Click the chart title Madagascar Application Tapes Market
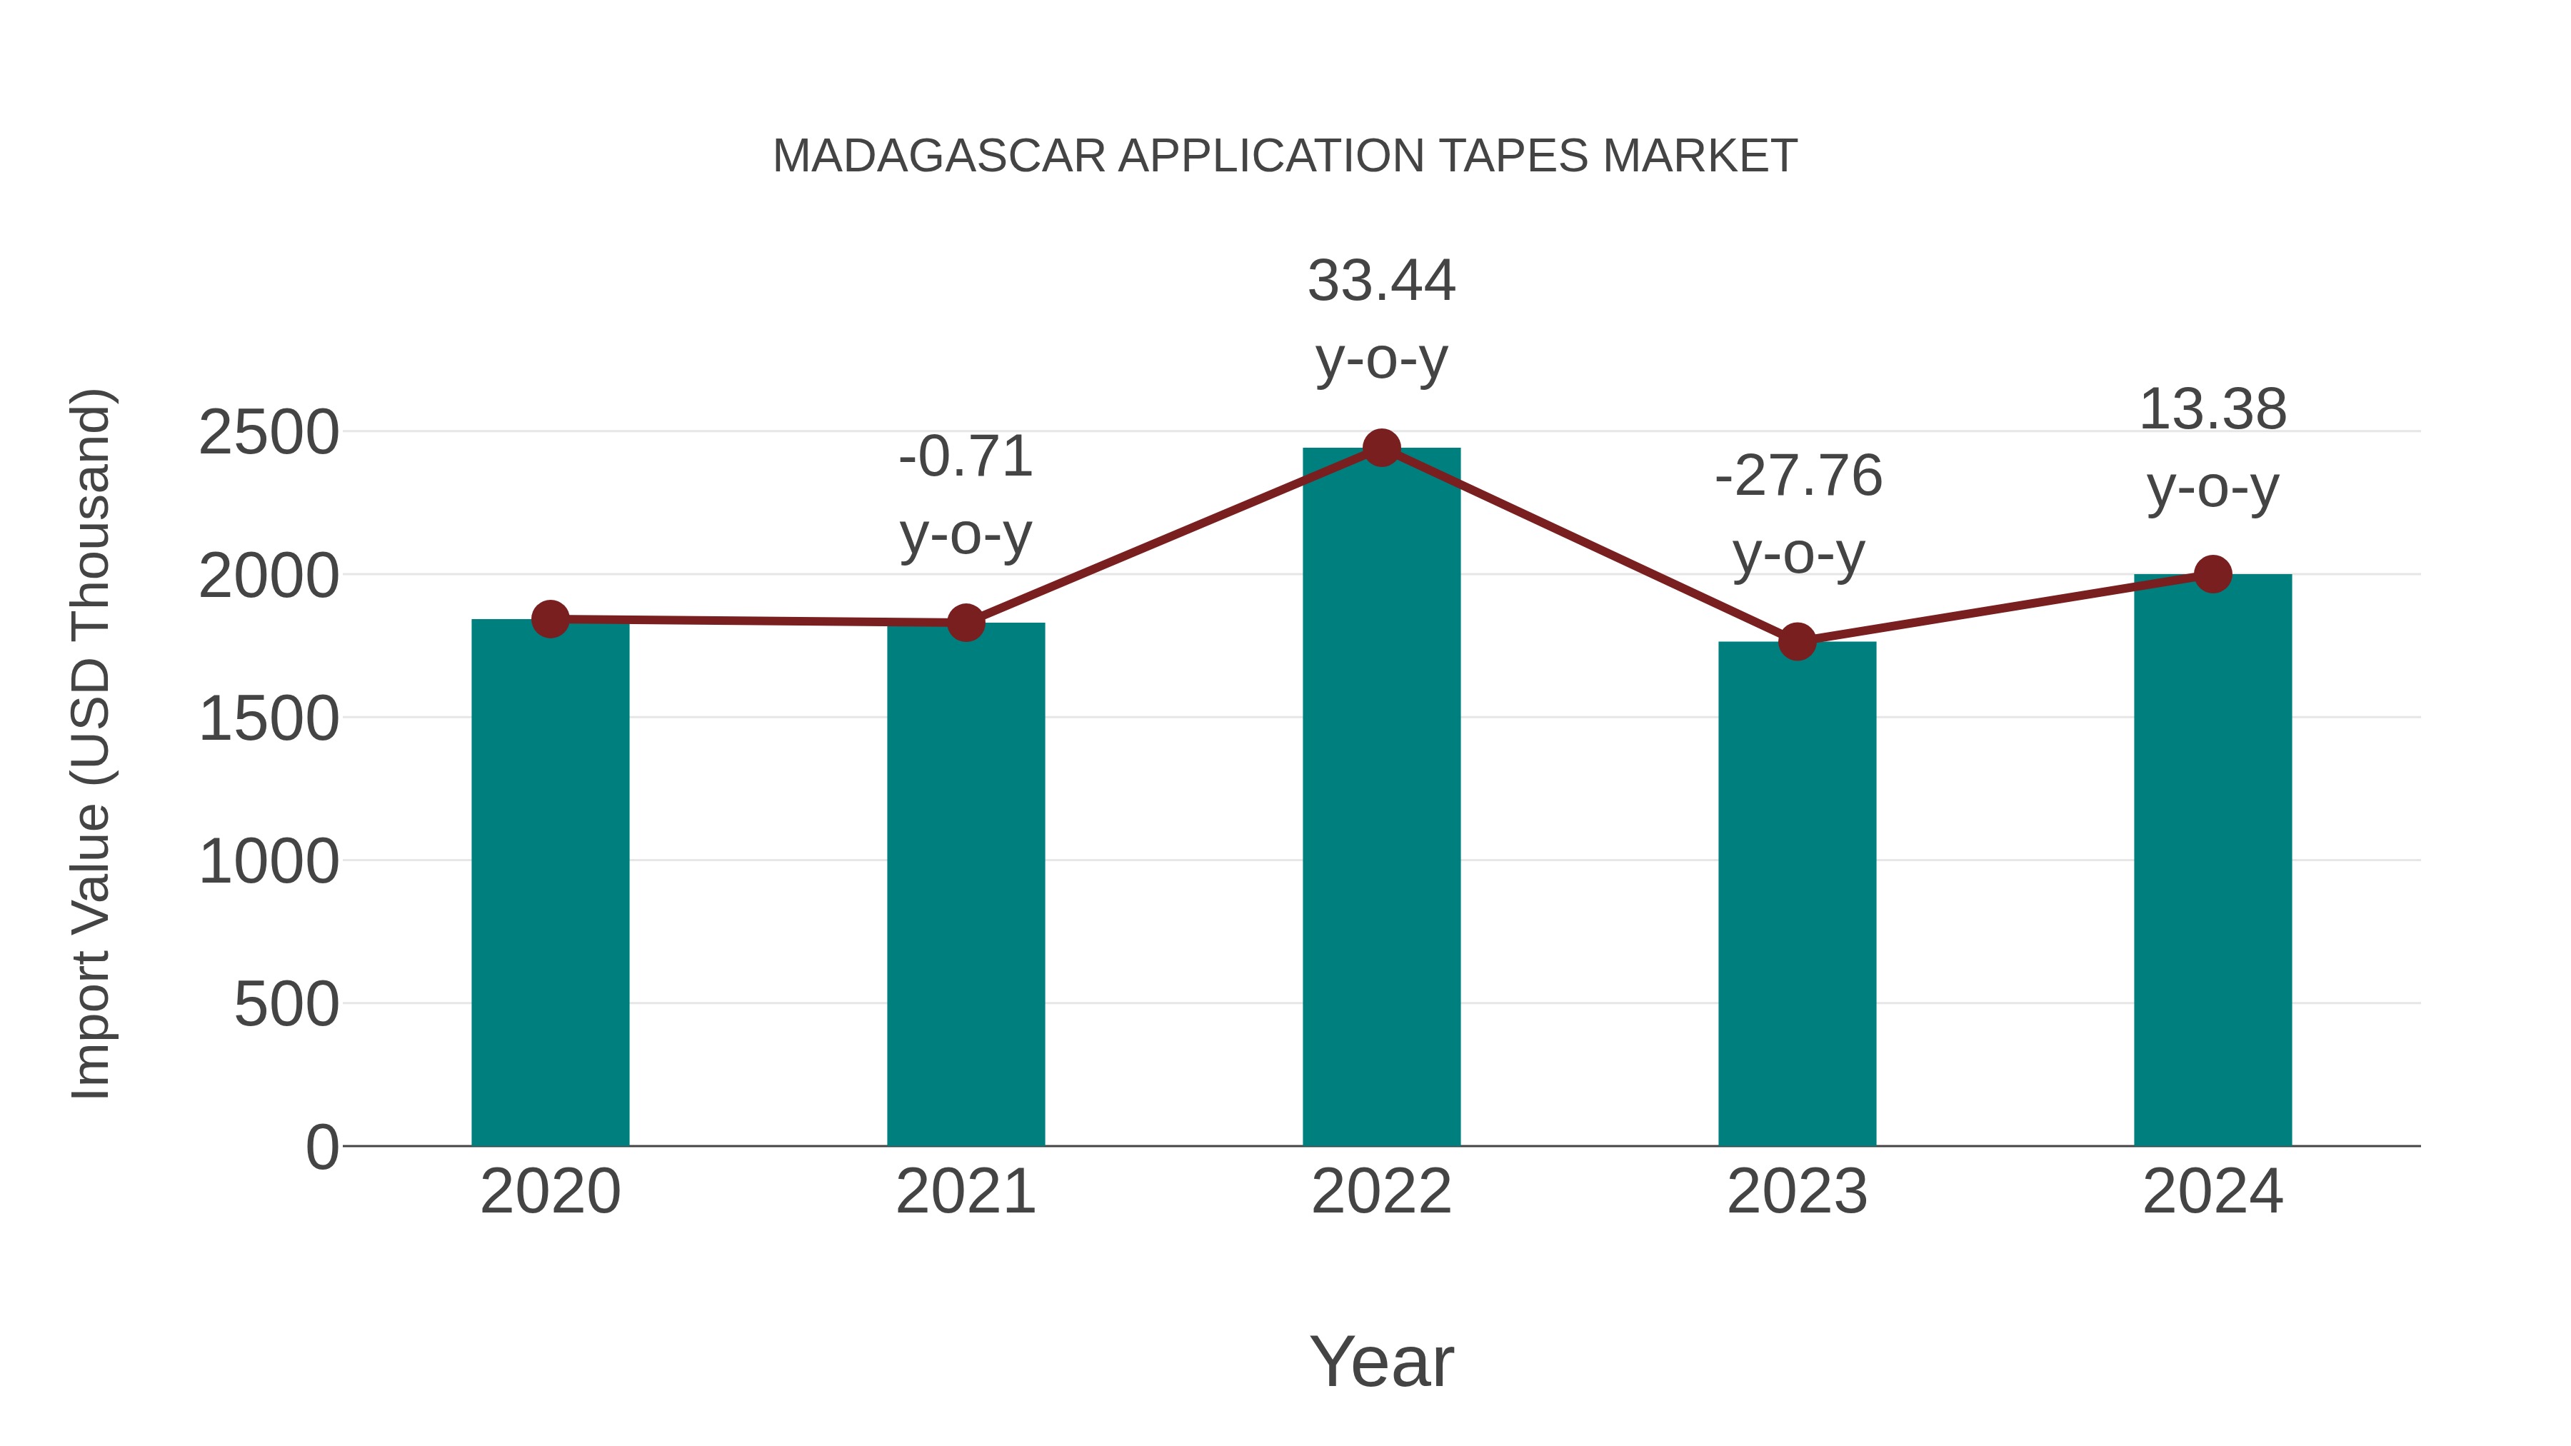pyautogui.click(x=1285, y=156)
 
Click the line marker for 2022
pyautogui.click(x=1381, y=448)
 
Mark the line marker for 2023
pyautogui.click(x=1797, y=642)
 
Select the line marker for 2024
pyautogui.click(x=2212, y=574)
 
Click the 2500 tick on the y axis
pyautogui.click(x=269, y=433)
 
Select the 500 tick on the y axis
pyautogui.click(x=286, y=1004)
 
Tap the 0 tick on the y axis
pyautogui.click(x=321, y=1147)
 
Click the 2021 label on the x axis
pyautogui.click(x=965, y=1192)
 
